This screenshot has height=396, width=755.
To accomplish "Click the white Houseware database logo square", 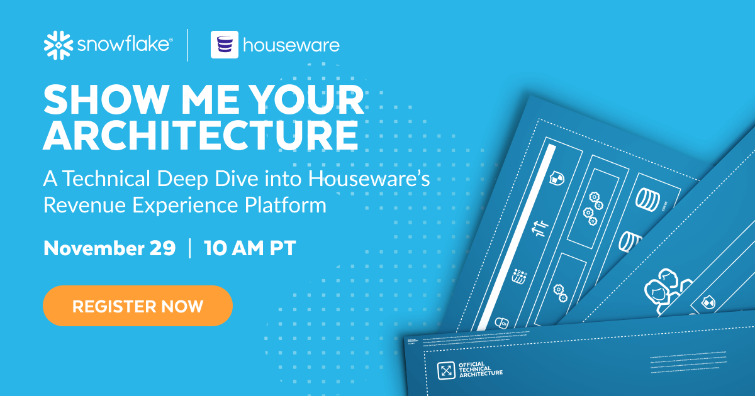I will pyautogui.click(x=225, y=45).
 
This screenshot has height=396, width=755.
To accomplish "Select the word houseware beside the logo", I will pyautogui.click(x=291, y=45).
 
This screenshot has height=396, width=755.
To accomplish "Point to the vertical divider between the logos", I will pyautogui.click(x=187, y=45).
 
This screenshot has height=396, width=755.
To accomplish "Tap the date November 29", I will pyautogui.click(x=109, y=248).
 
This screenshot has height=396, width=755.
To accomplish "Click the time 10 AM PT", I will pyautogui.click(x=250, y=248).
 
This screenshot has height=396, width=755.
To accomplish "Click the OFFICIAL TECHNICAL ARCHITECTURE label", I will pyautogui.click(x=481, y=369).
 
